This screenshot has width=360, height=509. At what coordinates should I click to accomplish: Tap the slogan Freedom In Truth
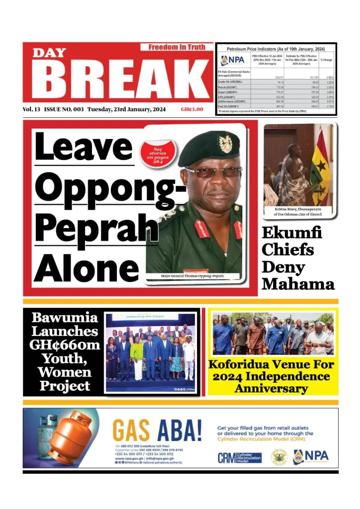177,47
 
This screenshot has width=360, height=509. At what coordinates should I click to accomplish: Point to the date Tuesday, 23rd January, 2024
126,109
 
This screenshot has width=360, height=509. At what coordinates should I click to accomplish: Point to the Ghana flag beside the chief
320,169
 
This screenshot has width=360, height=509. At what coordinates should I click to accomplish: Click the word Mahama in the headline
298,285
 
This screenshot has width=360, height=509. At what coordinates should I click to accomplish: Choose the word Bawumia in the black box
65,318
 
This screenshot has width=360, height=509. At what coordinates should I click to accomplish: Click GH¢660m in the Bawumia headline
65,345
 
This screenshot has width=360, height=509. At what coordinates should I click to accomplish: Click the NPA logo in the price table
234,60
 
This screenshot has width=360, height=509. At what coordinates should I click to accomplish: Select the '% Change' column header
327,60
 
